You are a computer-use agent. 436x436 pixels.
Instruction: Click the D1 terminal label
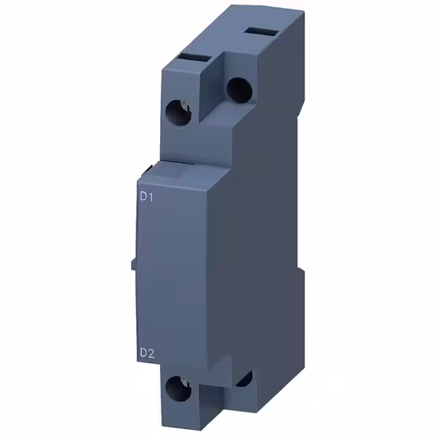147,198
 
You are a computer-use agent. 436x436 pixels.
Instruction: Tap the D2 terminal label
147,353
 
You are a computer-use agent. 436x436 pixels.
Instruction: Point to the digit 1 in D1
153,198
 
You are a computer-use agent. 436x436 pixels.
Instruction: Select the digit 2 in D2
153,353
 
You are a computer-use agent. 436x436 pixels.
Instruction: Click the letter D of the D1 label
143,198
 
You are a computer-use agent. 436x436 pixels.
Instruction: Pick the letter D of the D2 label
143,353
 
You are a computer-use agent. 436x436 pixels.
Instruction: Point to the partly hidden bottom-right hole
244,379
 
